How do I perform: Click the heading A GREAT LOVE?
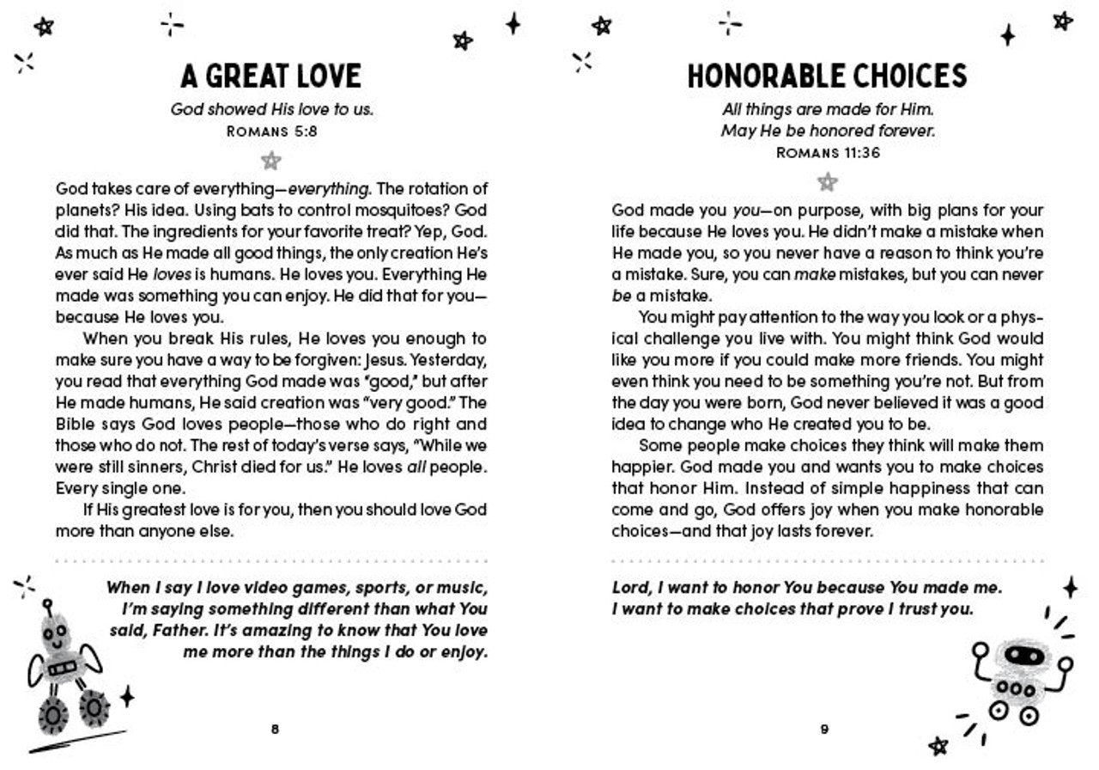click(x=270, y=76)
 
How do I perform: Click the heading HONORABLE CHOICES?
click(x=827, y=76)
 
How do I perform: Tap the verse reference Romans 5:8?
click(x=270, y=131)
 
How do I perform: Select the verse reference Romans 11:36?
click(x=827, y=153)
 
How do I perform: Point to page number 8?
click(x=275, y=730)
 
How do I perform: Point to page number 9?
click(x=824, y=730)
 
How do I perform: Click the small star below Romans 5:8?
click(x=271, y=160)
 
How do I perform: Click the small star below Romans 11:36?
click(x=827, y=181)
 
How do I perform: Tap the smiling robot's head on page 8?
click(x=56, y=634)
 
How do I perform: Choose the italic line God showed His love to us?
click(x=271, y=110)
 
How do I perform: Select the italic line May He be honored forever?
click(x=827, y=131)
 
